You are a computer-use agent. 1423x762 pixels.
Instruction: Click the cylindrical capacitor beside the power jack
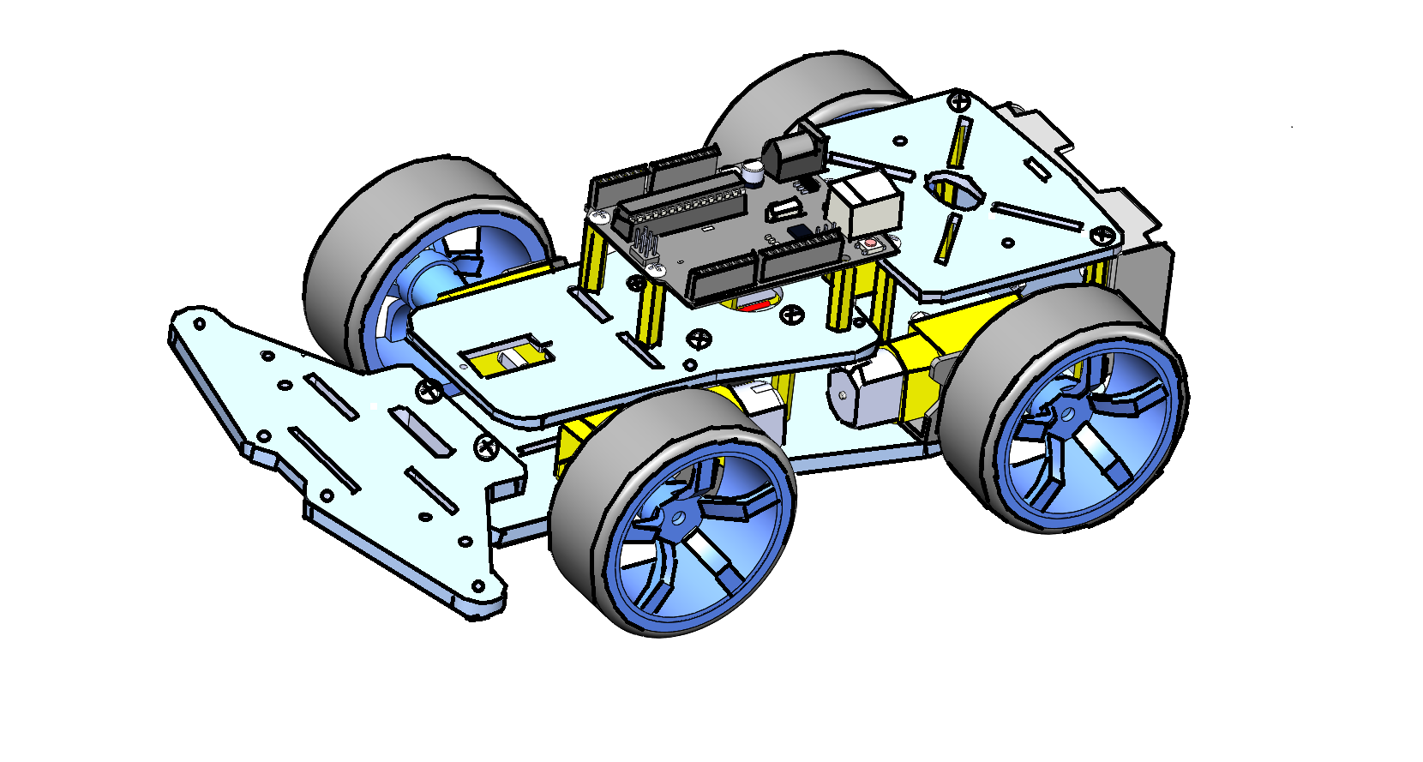[753, 173]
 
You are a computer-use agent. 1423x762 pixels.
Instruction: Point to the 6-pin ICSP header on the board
[645, 246]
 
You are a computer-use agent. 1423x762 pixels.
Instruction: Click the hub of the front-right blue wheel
[1066, 416]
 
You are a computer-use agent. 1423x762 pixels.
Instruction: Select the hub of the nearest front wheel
[677, 518]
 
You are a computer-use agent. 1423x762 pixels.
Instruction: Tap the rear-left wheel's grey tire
[343, 257]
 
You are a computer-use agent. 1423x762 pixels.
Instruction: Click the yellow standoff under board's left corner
[592, 256]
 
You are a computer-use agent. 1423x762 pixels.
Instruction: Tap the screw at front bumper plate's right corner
[487, 446]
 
